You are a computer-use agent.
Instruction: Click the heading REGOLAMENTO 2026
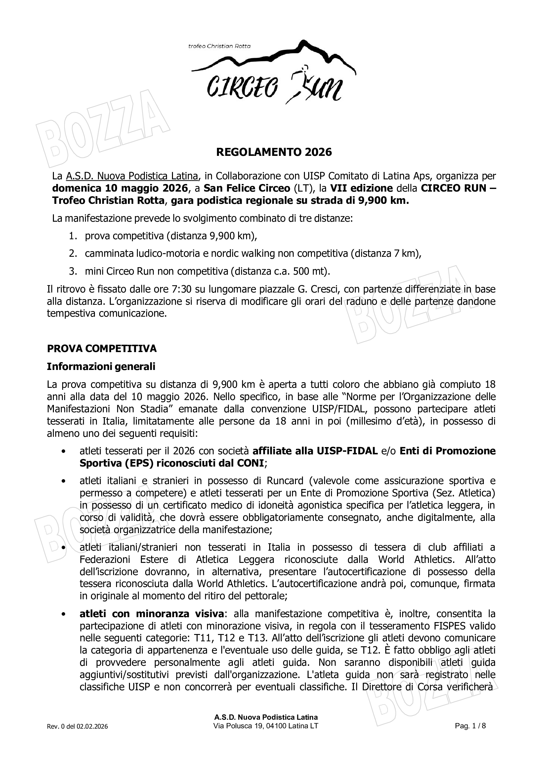click(x=273, y=152)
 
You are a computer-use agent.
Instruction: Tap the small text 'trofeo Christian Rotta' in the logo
click(x=219, y=46)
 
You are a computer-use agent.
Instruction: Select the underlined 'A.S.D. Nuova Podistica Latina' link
click(x=132, y=176)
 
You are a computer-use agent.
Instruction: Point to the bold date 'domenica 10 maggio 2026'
click(x=120, y=188)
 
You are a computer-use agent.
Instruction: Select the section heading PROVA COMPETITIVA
click(x=102, y=348)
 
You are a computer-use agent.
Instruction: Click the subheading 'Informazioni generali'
click(x=101, y=366)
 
